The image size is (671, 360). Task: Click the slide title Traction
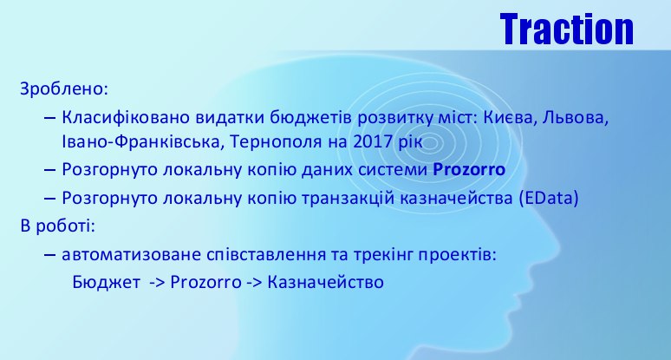click(567, 29)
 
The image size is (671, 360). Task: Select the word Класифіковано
click(126, 117)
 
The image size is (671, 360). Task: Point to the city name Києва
click(507, 118)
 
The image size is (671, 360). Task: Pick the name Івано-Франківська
click(140, 141)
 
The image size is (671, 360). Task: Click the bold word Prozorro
click(469, 169)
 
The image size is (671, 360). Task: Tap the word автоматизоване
click(132, 255)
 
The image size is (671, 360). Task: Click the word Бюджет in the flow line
click(106, 282)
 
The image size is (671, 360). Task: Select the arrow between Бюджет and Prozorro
click(158, 283)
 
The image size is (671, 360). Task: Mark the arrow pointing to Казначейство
click(254, 283)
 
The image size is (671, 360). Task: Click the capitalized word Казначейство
click(326, 283)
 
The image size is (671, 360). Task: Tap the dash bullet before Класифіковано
click(49, 118)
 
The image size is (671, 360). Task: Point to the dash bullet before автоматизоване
click(49, 255)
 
